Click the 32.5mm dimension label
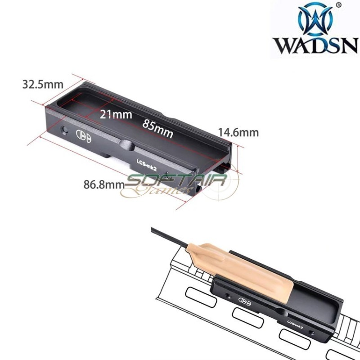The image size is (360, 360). (43, 84)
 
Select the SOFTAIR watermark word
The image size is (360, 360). (176, 182)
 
